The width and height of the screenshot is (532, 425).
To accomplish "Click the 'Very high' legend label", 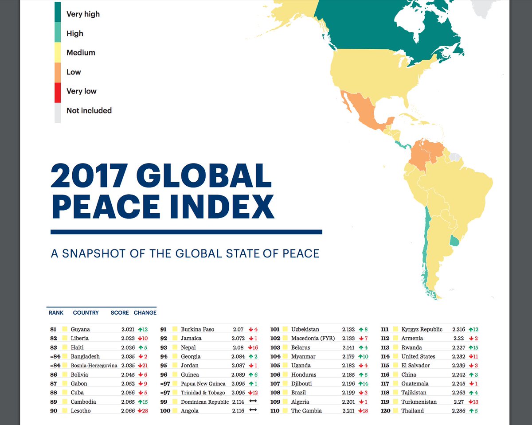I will [x=83, y=14].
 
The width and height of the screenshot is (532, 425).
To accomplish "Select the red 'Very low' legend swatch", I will [x=58, y=91].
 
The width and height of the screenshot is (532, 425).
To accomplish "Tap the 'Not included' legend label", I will [x=89, y=110].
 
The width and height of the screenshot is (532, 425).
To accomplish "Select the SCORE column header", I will [x=120, y=312].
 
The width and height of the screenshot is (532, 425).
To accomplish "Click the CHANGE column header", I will [x=145, y=312].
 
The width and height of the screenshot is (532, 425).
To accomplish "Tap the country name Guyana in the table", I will [x=80, y=329].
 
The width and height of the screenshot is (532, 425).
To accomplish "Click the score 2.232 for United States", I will [x=459, y=356].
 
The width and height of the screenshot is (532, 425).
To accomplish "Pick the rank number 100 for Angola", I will [x=165, y=411].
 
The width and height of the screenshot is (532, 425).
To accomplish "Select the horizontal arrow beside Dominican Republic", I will [x=253, y=402].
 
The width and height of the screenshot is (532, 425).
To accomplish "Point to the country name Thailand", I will [x=412, y=411].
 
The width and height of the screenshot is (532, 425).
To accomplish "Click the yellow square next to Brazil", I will [x=285, y=393].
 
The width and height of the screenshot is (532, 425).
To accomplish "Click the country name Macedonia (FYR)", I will [x=313, y=338].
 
